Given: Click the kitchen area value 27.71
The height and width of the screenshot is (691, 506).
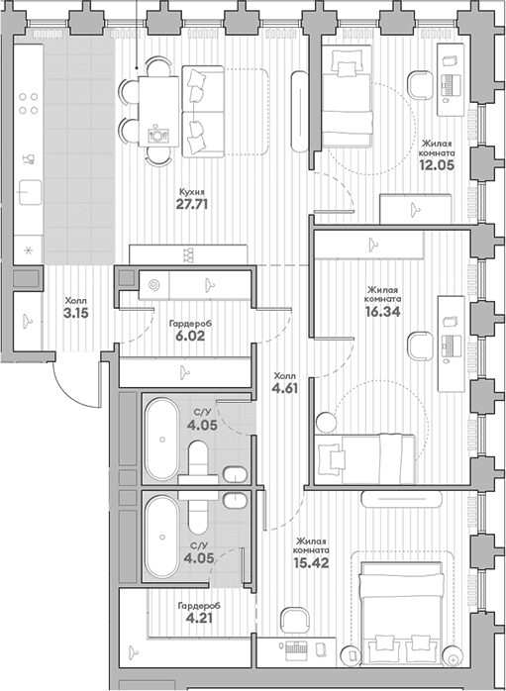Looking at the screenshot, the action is click(192, 205).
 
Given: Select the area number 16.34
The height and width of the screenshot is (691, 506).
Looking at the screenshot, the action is click(382, 312).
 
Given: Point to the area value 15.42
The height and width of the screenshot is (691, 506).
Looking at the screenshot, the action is click(312, 562).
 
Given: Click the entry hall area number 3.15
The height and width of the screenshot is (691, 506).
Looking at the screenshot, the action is click(76, 314).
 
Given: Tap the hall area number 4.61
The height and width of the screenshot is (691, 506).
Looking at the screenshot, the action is click(285, 389).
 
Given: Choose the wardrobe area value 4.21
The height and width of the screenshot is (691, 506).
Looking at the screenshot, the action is click(199, 619).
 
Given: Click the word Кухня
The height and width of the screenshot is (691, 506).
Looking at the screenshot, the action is click(192, 192).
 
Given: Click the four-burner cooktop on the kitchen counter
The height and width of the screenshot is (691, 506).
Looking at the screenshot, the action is click(28, 104).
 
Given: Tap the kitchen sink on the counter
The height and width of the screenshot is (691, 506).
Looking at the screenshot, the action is click(29, 193).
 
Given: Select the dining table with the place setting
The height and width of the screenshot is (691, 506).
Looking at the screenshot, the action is click(158, 112).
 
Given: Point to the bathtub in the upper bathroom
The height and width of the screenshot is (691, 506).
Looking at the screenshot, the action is click(162, 439).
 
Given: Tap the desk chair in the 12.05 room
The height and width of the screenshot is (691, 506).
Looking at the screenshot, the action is click(422, 85).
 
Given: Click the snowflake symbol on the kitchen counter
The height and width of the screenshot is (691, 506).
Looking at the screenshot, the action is click(28, 251).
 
